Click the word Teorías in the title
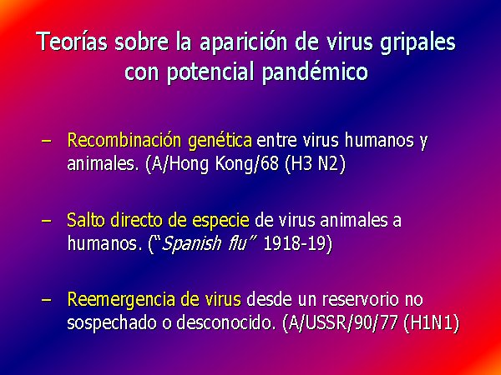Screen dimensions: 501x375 click(72, 42)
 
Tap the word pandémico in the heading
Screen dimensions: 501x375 click(315, 72)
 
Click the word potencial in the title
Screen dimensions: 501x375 click(210, 72)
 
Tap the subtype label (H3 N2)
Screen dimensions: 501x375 click(315, 164)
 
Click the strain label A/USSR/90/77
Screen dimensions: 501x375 click(341, 323)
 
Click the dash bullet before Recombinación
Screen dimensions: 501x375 click(46, 141)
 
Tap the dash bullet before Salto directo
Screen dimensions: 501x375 click(46, 221)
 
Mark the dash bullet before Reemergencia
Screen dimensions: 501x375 click(46, 300)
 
